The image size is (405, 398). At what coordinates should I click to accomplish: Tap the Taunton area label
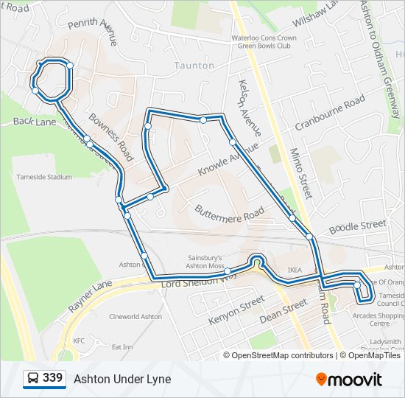point(194,66)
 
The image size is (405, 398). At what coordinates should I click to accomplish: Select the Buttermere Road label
point(229,211)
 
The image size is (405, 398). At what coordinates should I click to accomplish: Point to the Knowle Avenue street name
point(228,159)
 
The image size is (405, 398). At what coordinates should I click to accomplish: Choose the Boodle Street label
point(358,226)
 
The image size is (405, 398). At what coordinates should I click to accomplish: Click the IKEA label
point(295,270)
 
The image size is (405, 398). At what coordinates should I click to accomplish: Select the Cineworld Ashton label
point(135,317)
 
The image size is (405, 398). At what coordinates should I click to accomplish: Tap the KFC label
point(79,341)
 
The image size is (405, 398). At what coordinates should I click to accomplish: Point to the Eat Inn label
point(121,346)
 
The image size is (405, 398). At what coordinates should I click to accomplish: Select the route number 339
point(52,379)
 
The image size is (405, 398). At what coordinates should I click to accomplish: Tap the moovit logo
point(349,379)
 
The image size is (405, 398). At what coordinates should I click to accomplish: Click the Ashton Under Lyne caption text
point(122,379)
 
